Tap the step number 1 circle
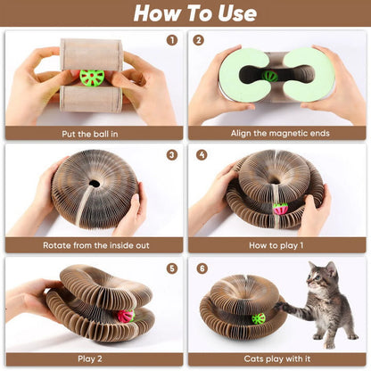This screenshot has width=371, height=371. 172,40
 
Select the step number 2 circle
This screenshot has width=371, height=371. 199,40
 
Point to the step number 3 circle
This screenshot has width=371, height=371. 172,153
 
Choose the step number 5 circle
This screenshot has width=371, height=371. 172,267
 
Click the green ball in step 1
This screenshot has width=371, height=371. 92,78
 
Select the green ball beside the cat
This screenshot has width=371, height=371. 259,318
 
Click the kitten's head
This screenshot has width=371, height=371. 323,277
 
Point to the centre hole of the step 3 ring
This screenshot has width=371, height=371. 94,184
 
